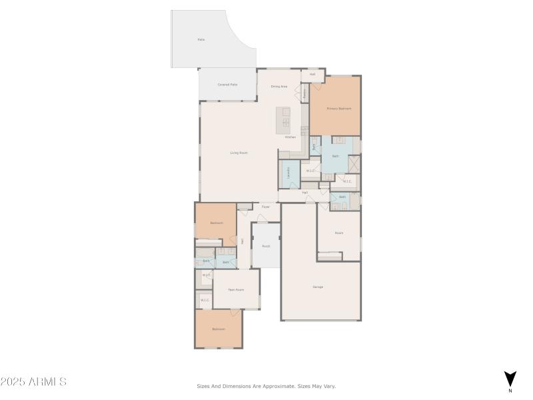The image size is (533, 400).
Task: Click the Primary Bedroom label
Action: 338,108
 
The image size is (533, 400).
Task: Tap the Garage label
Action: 318,287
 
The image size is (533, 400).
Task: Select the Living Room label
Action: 239,153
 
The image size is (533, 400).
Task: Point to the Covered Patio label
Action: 228,85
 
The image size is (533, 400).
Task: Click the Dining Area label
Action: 278,87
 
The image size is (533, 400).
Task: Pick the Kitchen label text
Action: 290,137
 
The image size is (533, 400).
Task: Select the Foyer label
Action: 265,207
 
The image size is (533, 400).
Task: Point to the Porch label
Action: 266,246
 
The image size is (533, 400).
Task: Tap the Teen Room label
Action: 236,289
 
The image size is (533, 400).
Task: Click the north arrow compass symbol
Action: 510,379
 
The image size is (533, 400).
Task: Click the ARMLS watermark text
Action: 33,382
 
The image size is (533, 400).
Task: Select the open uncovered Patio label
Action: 201,39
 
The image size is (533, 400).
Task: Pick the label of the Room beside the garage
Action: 338,233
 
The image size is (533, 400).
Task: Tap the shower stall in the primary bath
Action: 354,164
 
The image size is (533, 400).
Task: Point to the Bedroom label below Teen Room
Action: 219,329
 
